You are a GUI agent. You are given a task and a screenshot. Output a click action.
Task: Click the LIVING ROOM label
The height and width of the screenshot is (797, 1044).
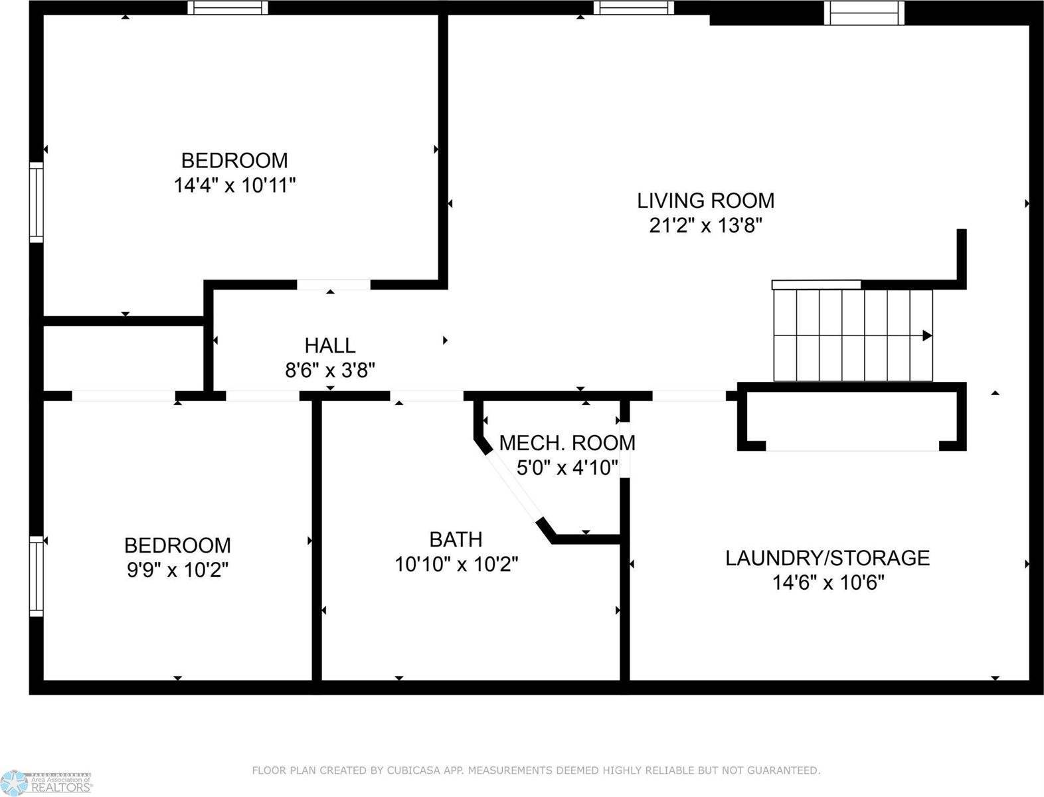click(x=705, y=201)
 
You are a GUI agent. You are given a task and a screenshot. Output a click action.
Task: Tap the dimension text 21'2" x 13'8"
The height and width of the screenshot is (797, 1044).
click(x=705, y=226)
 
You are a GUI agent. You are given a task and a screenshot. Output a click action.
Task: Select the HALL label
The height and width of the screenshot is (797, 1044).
click(x=330, y=345)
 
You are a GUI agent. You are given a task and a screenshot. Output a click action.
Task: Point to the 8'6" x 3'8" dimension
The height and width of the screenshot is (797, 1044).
click(x=330, y=370)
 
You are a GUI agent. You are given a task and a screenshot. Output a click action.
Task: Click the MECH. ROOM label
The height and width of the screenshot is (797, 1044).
click(x=567, y=443)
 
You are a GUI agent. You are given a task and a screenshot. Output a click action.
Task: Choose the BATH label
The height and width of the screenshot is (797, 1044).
click(x=456, y=539)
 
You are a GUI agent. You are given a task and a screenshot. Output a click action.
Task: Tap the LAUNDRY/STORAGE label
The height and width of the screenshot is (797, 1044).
click(x=827, y=558)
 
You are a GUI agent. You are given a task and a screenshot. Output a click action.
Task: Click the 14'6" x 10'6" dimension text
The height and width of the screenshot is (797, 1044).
click(x=827, y=583)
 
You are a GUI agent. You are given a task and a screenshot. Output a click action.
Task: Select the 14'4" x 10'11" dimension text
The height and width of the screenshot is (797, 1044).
click(x=234, y=185)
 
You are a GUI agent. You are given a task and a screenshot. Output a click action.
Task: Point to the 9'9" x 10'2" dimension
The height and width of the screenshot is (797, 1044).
click(x=178, y=570)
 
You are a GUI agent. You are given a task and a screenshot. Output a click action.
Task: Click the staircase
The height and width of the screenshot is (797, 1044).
click(x=853, y=335)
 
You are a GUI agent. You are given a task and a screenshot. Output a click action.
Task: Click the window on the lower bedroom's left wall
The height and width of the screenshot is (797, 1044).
click(x=36, y=576)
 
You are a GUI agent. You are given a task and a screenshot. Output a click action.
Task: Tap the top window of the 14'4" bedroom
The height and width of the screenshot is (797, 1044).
click(x=228, y=8)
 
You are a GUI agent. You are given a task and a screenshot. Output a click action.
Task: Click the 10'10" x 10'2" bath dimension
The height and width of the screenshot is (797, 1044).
click(x=456, y=565)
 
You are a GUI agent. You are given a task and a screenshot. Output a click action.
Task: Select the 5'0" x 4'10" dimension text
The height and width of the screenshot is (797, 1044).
click(x=567, y=468)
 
